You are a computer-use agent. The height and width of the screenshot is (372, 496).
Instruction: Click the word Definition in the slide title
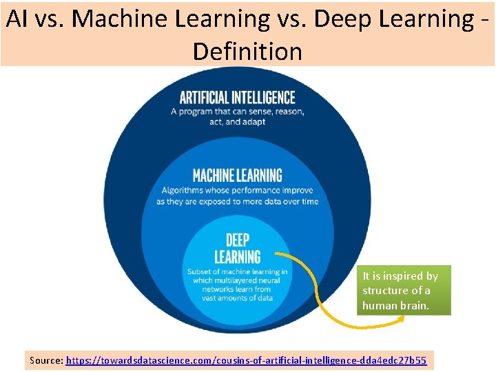[247, 51]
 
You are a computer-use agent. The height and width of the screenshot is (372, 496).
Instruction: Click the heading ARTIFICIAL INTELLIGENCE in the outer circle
[237, 98]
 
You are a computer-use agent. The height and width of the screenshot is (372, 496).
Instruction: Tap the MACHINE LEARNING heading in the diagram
[237, 176]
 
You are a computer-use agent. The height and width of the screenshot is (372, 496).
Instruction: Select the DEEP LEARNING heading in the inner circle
[237, 248]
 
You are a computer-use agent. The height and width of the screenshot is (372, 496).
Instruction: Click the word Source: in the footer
[46, 360]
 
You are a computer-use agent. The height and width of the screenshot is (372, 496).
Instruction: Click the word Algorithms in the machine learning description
[183, 191]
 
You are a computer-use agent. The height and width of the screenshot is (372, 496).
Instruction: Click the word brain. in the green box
[415, 304]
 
